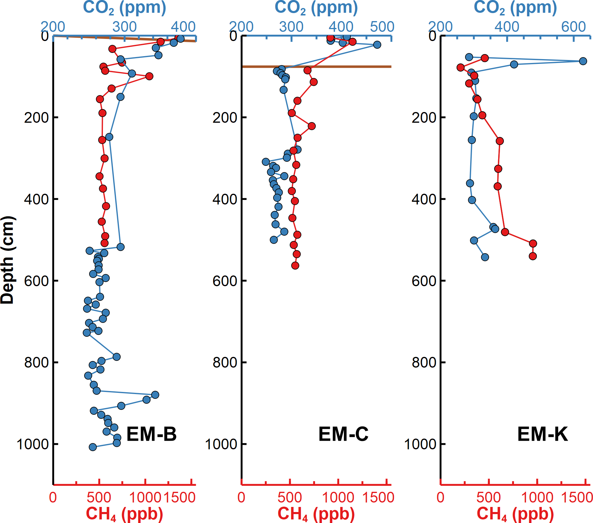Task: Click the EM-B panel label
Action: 151,434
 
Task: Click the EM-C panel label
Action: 343,434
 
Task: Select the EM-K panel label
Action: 542,434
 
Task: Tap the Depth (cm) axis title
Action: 7,260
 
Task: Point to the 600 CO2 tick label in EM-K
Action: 573,27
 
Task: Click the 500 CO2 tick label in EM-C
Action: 382,27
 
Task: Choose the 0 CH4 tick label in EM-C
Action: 241,497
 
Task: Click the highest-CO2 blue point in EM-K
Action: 583,61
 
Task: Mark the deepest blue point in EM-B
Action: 93,447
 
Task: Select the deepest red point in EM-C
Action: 295,265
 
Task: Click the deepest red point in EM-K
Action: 533,256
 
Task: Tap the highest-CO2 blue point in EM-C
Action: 377,45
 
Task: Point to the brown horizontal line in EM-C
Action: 342,67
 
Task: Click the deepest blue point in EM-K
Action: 485,257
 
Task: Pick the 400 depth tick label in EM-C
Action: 225,199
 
